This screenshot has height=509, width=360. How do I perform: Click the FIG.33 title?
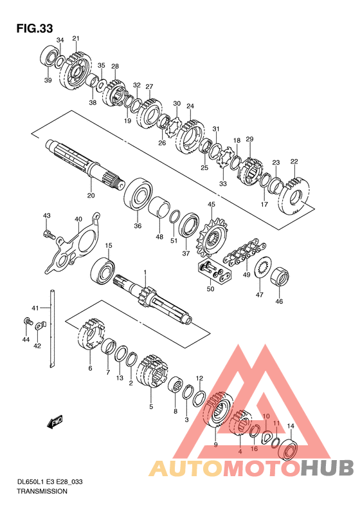click(35, 28)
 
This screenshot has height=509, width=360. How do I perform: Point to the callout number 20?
click(91, 195)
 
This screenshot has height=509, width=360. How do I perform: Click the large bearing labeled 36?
click(138, 194)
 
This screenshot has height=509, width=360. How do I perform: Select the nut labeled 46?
click(280, 278)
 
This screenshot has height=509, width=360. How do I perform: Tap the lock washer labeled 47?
click(264, 266)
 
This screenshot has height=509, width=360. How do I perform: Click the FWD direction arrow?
click(55, 422)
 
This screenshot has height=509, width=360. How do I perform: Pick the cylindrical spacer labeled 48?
click(159, 208)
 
